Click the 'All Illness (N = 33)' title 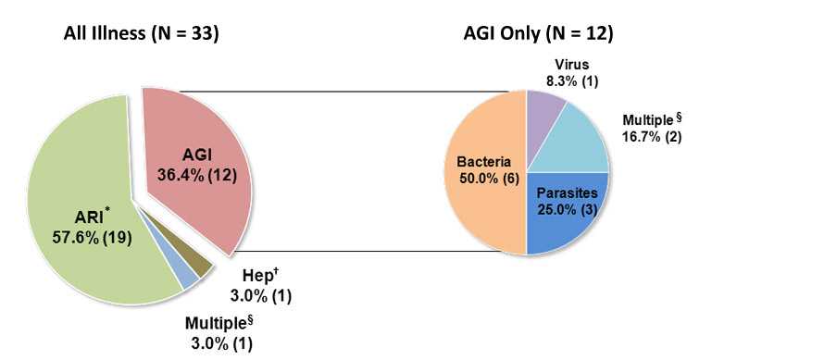tap(141, 34)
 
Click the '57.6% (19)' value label tap(92, 237)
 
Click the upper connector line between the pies tap(343, 91)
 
